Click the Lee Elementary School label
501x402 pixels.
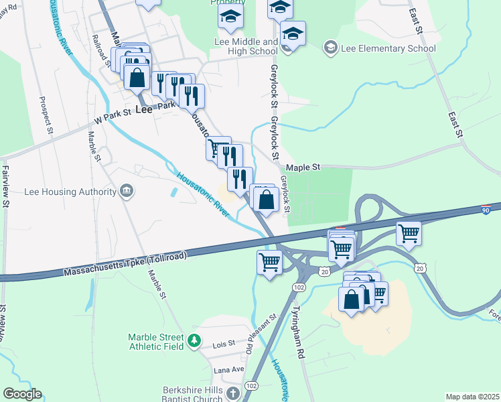(388, 48)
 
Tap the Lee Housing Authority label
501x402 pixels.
(70, 192)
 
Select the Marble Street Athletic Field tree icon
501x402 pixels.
(194, 342)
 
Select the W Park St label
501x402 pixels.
(112, 118)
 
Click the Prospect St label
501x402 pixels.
(46, 115)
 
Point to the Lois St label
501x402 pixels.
(224, 343)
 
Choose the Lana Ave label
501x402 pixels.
(228, 370)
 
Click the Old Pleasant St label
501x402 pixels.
(261, 334)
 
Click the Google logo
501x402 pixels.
(22, 394)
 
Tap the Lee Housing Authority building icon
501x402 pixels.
(126, 192)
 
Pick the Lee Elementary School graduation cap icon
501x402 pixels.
(330, 48)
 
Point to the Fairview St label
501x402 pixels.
(5, 187)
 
